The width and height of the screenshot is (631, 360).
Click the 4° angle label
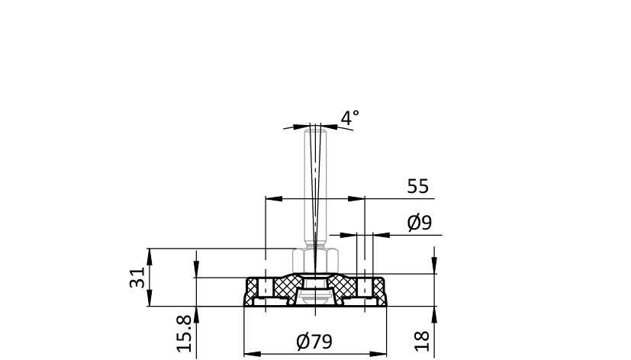tap(349, 118)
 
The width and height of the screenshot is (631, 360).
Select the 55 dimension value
tap(417, 187)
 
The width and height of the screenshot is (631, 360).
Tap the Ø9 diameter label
tap(419, 223)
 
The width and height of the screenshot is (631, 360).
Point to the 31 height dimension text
tap(137, 277)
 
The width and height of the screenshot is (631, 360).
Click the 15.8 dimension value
tap(184, 333)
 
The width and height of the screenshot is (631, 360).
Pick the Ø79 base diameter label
tap(314, 342)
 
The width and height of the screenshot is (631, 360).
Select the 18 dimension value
tap(422, 341)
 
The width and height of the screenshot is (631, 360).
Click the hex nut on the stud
tap(314, 261)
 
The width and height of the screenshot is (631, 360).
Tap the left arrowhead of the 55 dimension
tap(274, 199)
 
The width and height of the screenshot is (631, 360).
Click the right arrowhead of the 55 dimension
tap(356, 199)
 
